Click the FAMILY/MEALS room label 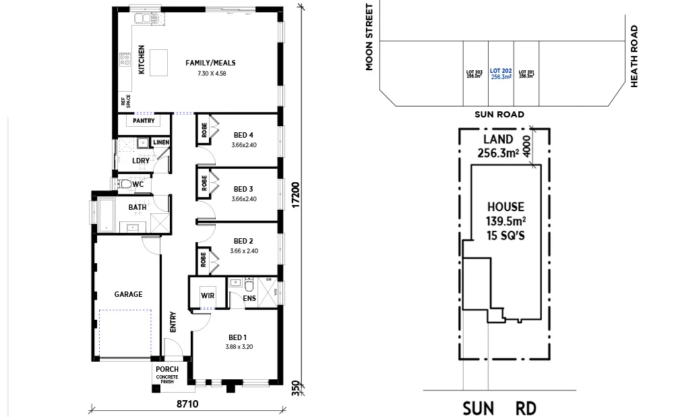click(210, 63)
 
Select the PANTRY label click(143, 121)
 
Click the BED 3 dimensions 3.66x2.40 click(243, 199)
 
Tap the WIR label click(207, 295)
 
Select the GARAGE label click(128, 294)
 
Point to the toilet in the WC click(125, 184)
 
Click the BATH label click(137, 207)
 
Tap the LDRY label click(141, 161)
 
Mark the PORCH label click(166, 369)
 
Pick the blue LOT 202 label click(501, 70)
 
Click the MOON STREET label click(369, 37)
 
